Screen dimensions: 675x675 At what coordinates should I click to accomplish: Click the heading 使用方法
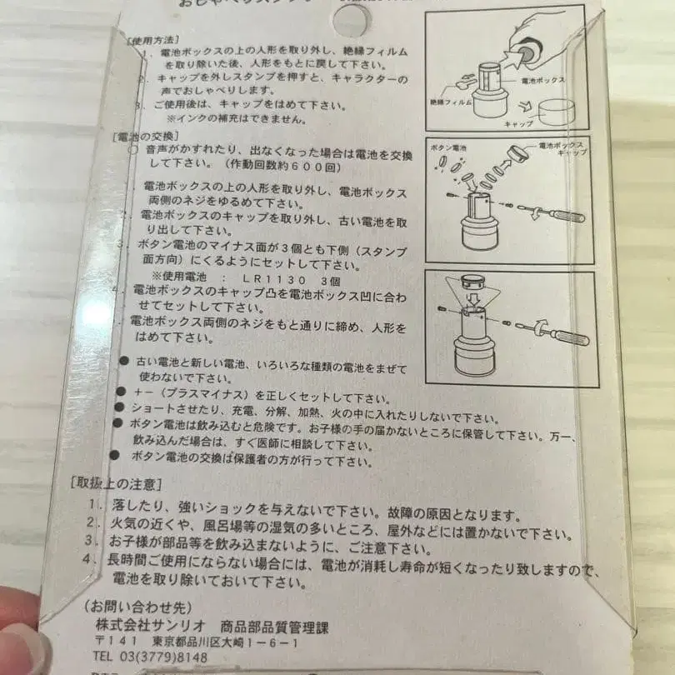click(152, 39)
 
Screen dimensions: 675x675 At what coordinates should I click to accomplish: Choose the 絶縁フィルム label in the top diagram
click(452, 101)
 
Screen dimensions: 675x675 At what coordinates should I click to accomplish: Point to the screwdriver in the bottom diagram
click(553, 332)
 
